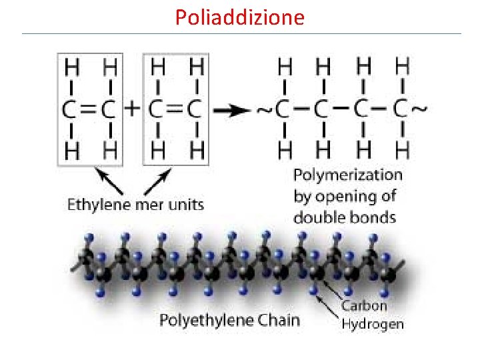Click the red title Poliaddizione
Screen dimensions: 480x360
coord(239,16)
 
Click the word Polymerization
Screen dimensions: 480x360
coord(348,175)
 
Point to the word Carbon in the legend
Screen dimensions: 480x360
coord(364,306)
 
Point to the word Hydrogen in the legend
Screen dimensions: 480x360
coord(373,325)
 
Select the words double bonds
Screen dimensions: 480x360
coord(345,217)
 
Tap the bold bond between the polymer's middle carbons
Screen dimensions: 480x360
coord(343,107)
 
